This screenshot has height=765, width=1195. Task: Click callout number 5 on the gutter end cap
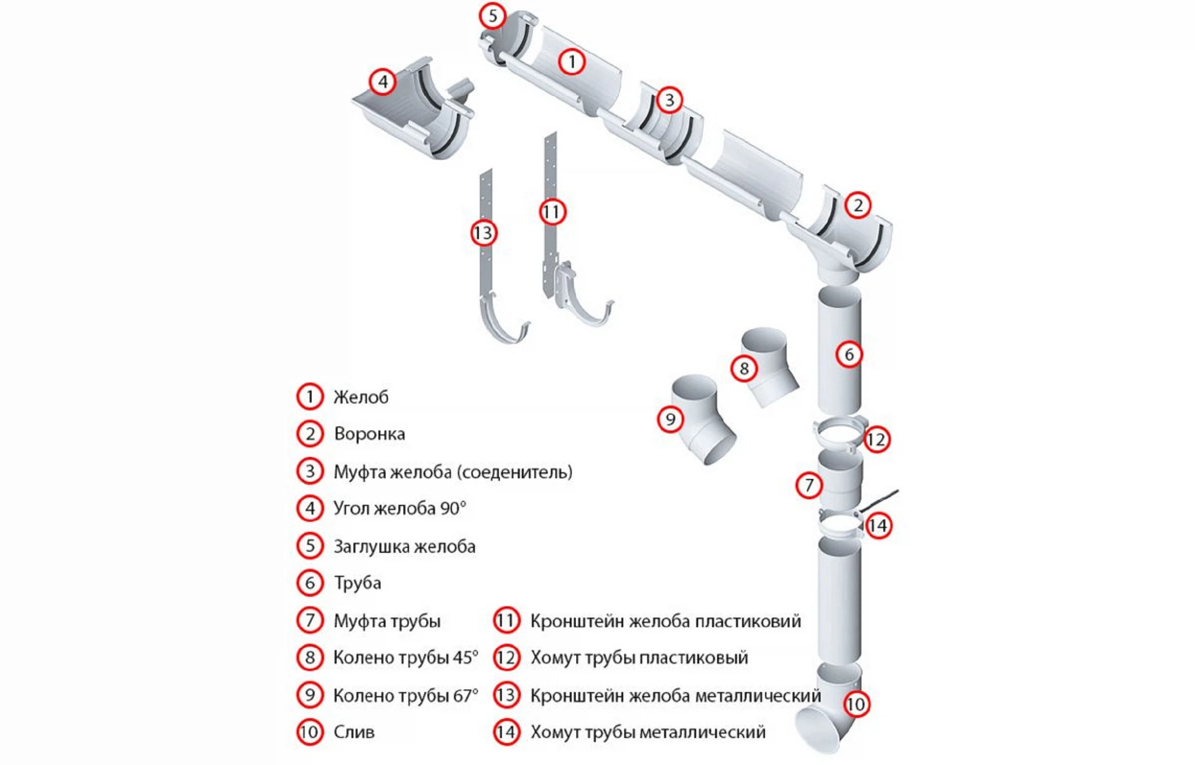492,16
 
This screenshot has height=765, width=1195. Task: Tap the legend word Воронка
369,434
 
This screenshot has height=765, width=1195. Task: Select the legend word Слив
353,732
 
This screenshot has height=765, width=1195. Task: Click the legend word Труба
357,583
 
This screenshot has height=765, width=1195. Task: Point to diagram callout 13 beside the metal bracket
483,233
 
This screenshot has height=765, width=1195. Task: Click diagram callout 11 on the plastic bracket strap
552,212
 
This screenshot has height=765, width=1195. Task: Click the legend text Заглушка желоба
404,547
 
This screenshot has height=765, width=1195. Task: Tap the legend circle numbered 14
506,732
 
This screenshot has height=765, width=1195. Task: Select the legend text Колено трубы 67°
405,696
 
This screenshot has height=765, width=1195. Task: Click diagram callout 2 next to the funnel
858,206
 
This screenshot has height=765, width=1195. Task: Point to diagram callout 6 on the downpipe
849,354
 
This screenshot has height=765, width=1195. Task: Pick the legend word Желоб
361,397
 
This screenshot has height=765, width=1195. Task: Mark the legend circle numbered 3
310,471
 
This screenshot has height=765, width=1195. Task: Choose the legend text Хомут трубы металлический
648,732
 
